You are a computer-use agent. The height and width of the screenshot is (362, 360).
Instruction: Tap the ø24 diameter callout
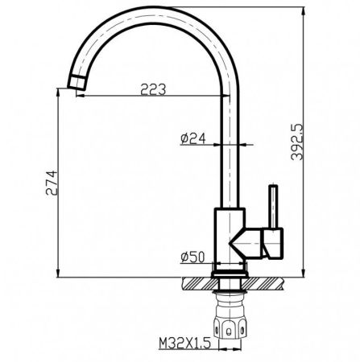coord(194,138)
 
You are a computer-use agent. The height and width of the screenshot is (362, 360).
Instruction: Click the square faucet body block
coord(228,235)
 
